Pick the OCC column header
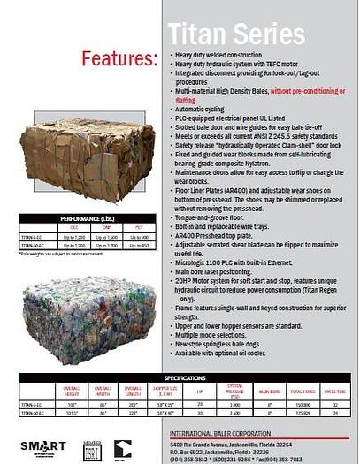pos(73,227)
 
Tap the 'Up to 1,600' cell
pos(105,237)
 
